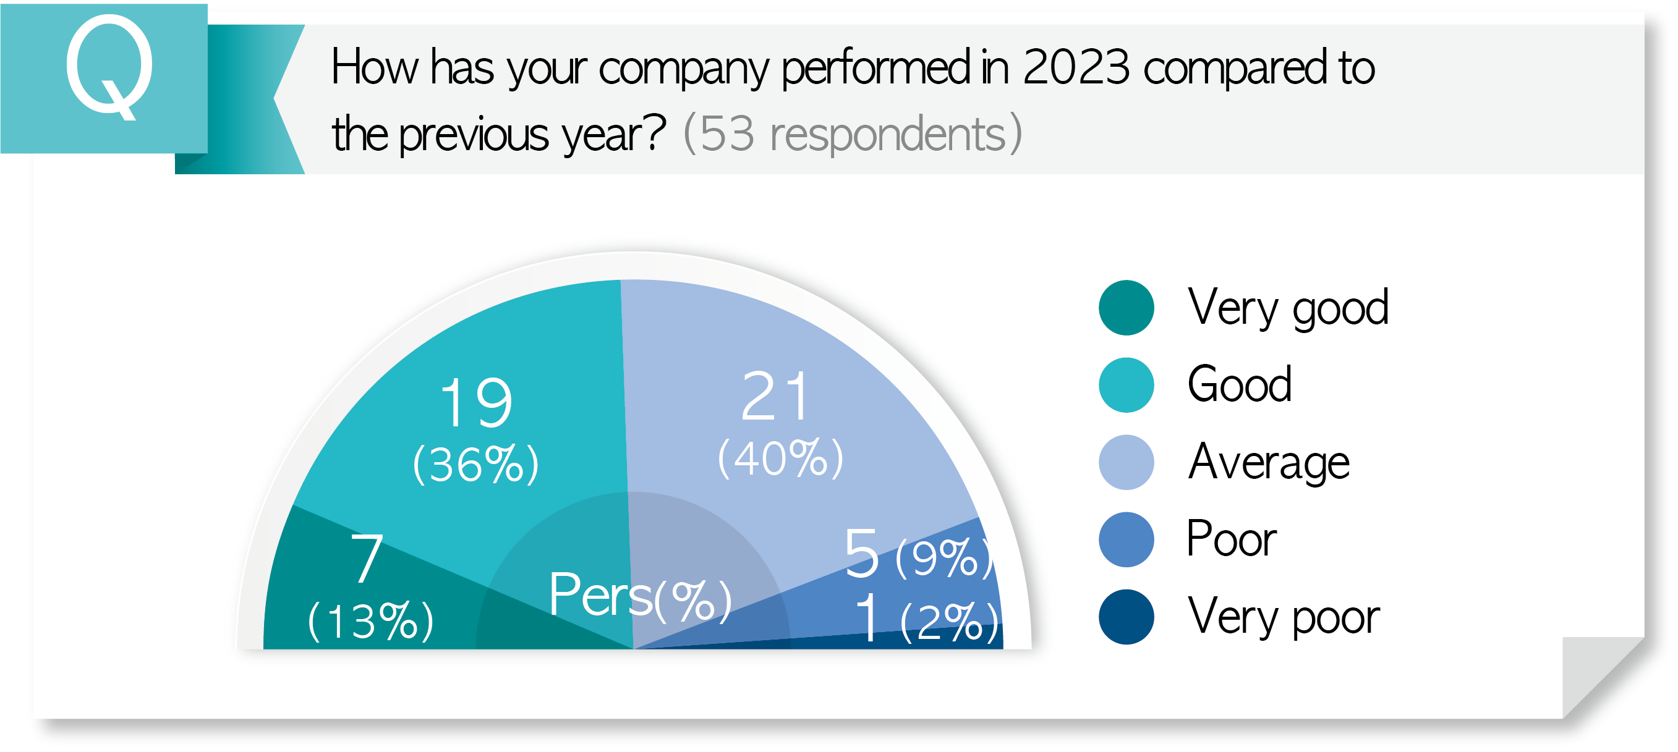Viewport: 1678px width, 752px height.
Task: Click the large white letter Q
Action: click(x=109, y=67)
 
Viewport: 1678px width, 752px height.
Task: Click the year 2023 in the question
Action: click(x=1075, y=67)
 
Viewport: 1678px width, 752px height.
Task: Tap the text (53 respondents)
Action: click(x=852, y=134)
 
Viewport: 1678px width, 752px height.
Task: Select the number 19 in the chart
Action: click(x=476, y=403)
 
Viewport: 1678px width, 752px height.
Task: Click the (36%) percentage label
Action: click(x=476, y=465)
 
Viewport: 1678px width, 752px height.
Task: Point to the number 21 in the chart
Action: click(x=775, y=397)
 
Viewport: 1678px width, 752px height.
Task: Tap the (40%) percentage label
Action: click(x=780, y=458)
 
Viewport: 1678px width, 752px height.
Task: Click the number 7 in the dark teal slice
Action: click(x=367, y=558)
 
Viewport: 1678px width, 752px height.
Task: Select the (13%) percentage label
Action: click(x=370, y=620)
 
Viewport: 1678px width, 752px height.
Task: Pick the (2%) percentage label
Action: click(x=950, y=622)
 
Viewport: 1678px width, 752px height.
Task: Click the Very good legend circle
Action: click(x=1126, y=308)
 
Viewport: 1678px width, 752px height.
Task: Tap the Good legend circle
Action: click(x=1126, y=385)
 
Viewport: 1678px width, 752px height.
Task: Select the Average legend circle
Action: click(x=1126, y=462)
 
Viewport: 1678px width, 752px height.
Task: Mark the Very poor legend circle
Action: click(x=1126, y=617)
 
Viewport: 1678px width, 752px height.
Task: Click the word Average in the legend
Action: click(x=1268, y=462)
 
